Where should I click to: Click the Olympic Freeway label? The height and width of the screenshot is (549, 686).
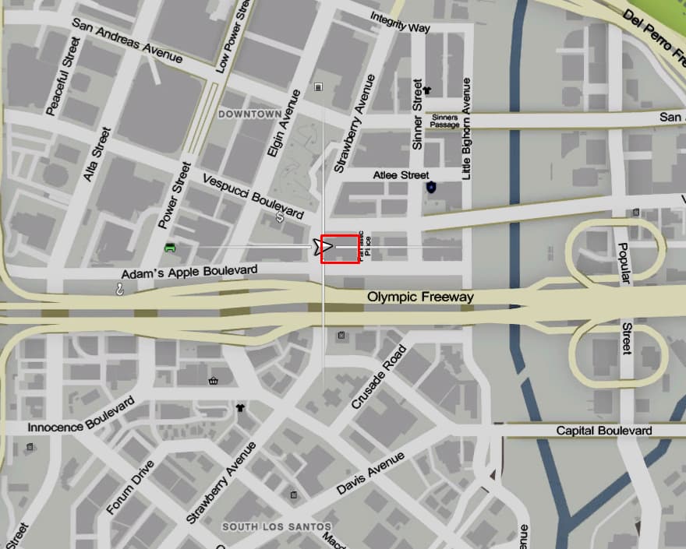[x=420, y=297]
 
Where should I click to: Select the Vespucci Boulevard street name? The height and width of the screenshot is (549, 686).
[x=253, y=195]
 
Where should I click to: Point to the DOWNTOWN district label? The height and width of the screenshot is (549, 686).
[x=249, y=114]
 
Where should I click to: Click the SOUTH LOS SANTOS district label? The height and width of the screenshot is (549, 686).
[x=277, y=527]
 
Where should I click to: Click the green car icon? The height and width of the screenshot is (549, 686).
[x=170, y=248]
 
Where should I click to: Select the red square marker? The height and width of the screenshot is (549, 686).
[x=340, y=248]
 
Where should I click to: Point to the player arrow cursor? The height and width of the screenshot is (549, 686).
[x=324, y=247]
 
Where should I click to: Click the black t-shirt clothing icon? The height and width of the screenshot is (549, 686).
[x=239, y=407]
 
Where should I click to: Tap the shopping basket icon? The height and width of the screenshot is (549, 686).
[x=213, y=381]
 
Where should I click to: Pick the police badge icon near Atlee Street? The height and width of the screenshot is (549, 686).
[x=431, y=188]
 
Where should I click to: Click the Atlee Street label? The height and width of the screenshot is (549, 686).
[x=401, y=175]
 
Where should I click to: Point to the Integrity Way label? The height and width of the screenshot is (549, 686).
[x=400, y=26]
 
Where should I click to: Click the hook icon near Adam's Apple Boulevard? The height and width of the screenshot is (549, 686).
[x=120, y=289]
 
